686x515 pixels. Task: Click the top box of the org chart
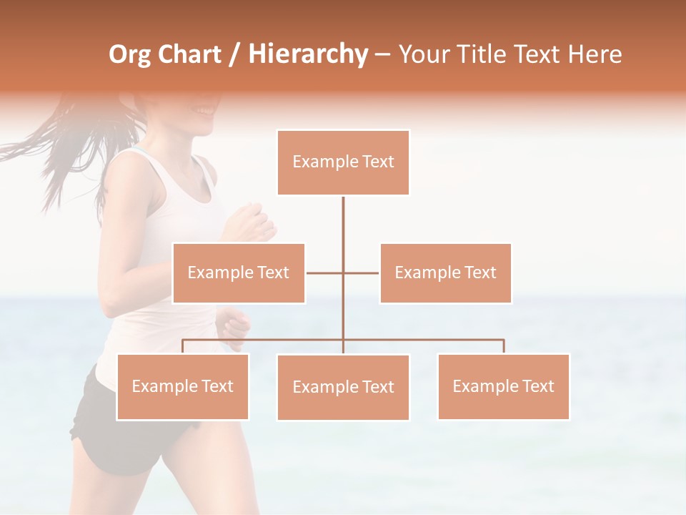[x=343, y=162]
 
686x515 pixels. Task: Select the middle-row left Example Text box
[x=239, y=273]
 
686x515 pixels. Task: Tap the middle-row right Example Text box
[x=445, y=273]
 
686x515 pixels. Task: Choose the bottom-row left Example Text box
[x=182, y=386]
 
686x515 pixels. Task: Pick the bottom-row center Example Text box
[x=343, y=387]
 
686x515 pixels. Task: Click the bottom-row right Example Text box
[x=503, y=386]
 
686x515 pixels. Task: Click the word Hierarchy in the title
[x=308, y=54]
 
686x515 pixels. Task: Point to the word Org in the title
[x=129, y=55]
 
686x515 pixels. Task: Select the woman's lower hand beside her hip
[x=234, y=326]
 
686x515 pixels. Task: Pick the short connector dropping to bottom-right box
[x=503, y=346]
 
